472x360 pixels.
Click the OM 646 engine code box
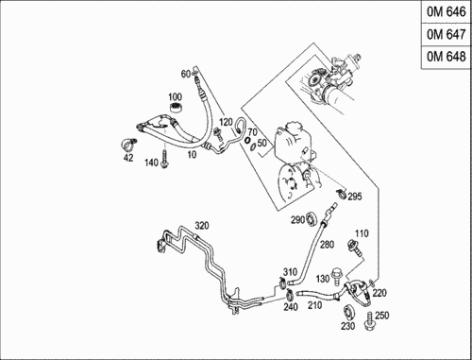point(446,12)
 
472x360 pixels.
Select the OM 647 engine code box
point(446,34)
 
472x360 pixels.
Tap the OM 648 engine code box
point(446,57)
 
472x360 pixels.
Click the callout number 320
point(202,226)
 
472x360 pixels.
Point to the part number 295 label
point(355,197)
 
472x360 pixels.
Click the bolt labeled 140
point(164,159)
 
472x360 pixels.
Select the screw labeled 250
point(369,321)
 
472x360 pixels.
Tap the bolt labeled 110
point(354,248)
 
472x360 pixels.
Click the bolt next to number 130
point(337,276)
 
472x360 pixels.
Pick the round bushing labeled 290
point(312,219)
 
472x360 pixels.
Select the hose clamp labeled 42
point(129,145)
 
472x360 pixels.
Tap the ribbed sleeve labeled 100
point(177,108)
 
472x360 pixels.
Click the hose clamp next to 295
point(341,193)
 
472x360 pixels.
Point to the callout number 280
point(328,245)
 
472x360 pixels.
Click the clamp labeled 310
point(283,282)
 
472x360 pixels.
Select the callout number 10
point(192,154)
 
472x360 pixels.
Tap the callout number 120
point(226,122)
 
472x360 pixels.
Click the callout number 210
point(314,305)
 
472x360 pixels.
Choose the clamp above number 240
point(290,295)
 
